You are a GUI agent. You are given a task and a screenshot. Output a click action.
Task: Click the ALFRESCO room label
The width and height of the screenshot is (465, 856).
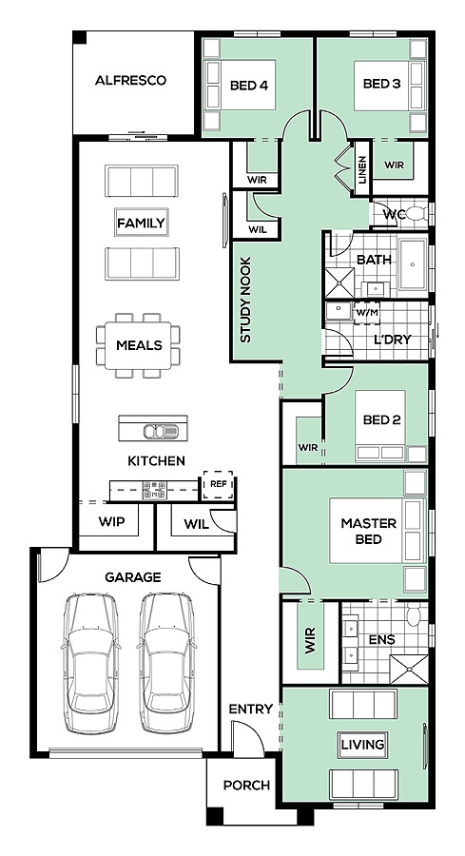pyautogui.click(x=130, y=81)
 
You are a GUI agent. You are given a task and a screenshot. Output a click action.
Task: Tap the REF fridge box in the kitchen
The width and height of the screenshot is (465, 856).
pyautogui.click(x=219, y=485)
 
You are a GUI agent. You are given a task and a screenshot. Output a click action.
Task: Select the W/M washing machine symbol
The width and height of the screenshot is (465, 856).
pyautogui.click(x=367, y=313)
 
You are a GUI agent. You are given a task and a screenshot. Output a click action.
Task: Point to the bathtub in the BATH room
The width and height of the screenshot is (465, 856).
pyautogui.click(x=413, y=264)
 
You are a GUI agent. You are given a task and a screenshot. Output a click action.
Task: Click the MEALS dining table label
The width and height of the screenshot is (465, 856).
pyautogui.click(x=139, y=345)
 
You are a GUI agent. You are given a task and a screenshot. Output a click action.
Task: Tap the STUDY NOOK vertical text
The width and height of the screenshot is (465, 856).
pyautogui.click(x=245, y=300)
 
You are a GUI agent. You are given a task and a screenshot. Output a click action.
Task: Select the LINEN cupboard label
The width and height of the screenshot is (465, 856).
pyautogui.click(x=363, y=169)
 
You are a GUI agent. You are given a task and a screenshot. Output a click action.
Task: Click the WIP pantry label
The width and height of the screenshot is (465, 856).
pyautogui.click(x=111, y=522)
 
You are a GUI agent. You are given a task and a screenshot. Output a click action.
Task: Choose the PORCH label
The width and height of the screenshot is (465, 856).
pyautogui.click(x=246, y=786)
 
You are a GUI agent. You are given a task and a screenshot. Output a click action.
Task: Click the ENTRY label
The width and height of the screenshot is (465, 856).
pyautogui.click(x=250, y=710)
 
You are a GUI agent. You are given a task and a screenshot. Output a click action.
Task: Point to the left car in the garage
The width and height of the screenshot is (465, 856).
pyautogui.click(x=90, y=663)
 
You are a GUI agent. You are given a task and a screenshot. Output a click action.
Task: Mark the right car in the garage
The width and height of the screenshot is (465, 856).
pyautogui.click(x=165, y=663)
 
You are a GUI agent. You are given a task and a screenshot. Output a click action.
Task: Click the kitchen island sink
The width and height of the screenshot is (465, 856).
pyautogui.click(x=161, y=431)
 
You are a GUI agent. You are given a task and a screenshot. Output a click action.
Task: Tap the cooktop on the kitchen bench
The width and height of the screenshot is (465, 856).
pyautogui.click(x=154, y=490)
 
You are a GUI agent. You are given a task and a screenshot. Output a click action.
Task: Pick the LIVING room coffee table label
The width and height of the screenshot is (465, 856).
pyautogui.click(x=363, y=744)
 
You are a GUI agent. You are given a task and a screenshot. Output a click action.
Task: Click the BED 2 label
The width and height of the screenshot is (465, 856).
pyautogui.click(x=382, y=419)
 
